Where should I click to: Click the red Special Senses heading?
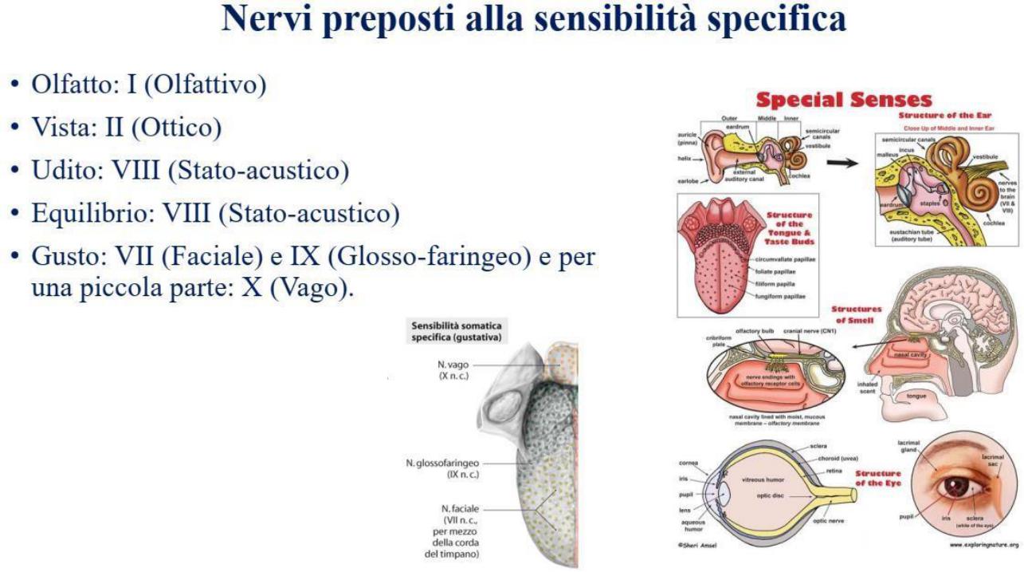tap(843, 100)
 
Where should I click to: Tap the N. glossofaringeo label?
tap(443, 468)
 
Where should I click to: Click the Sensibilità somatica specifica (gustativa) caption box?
tap(456, 331)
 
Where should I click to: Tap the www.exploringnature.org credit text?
tap(983, 545)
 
